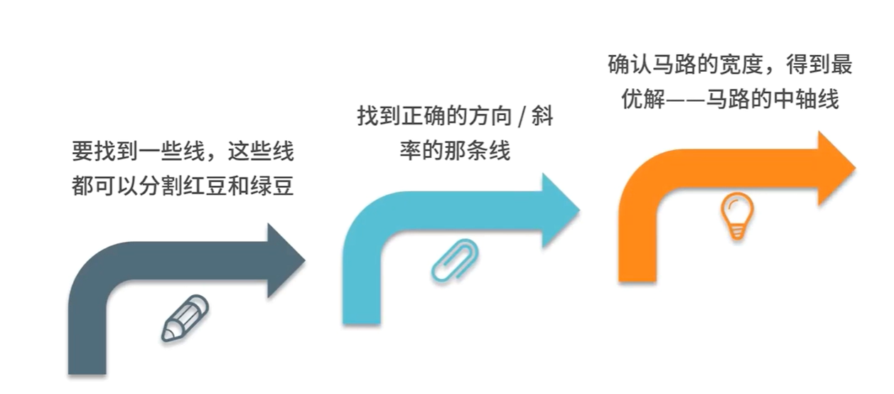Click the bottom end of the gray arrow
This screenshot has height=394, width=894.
(x=87, y=366)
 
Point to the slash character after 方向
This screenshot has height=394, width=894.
(x=519, y=117)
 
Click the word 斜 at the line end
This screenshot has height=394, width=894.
(x=542, y=117)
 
